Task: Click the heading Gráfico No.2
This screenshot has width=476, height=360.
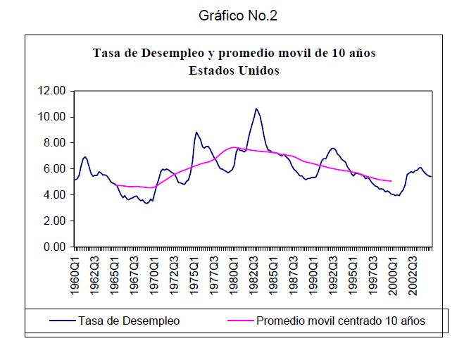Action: (238, 15)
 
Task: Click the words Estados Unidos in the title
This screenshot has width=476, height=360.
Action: (234, 70)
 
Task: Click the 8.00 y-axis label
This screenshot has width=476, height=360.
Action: (54, 142)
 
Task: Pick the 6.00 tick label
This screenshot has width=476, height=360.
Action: (54, 168)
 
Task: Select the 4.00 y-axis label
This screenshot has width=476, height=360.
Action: (54, 194)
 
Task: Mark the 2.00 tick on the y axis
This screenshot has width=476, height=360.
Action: (54, 221)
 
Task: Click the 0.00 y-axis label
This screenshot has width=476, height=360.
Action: (54, 247)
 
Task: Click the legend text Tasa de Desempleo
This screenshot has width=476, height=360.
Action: (129, 321)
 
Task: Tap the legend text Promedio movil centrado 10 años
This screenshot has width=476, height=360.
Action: (341, 321)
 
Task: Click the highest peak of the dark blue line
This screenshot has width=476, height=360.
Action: (256, 108)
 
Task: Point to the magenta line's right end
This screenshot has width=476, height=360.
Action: (391, 181)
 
